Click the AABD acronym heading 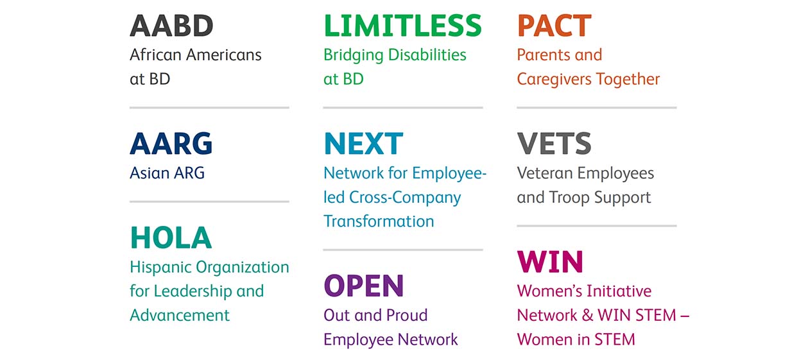(x=171, y=26)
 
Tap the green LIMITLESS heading (x=402, y=26)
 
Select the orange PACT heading (x=554, y=26)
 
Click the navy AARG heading (x=171, y=144)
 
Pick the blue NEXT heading (x=363, y=144)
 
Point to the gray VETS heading (x=554, y=144)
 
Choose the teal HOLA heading (x=171, y=237)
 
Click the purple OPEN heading (x=364, y=286)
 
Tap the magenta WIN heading (x=550, y=262)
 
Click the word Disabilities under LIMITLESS (x=427, y=55)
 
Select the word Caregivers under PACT (x=554, y=80)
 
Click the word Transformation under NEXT (x=379, y=221)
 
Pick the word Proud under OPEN (x=406, y=315)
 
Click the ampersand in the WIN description (x=587, y=316)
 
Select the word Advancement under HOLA (x=180, y=315)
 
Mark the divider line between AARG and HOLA (x=210, y=201)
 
